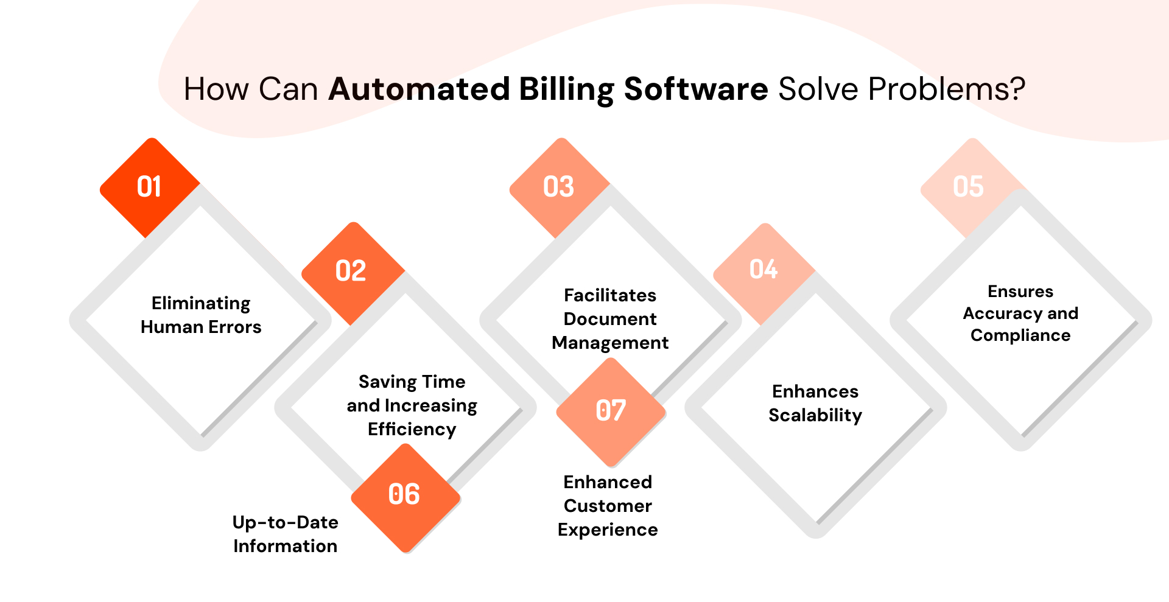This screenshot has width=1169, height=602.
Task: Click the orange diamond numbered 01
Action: pyautogui.click(x=150, y=187)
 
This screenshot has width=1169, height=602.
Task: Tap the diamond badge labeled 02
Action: pyautogui.click(x=352, y=271)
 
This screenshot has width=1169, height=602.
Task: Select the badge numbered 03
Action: pyautogui.click(x=559, y=187)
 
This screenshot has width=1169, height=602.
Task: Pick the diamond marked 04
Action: pyautogui.click(x=764, y=270)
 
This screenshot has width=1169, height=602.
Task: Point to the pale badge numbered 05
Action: pyautogui.click(x=968, y=187)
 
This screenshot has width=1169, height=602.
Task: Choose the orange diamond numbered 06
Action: pyautogui.click(x=405, y=495)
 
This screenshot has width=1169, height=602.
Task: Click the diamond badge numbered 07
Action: pyautogui.click(x=611, y=411)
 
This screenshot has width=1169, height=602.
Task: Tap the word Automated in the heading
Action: pyautogui.click(x=419, y=89)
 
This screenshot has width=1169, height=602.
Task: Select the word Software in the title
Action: pyautogui.click(x=696, y=89)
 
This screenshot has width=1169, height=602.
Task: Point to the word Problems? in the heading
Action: pyautogui.click(x=947, y=89)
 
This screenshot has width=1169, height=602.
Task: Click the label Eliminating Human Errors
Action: pyautogui.click(x=201, y=315)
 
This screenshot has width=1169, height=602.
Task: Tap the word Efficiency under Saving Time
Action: pyautogui.click(x=412, y=430)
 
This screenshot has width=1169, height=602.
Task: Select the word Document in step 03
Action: pyautogui.click(x=610, y=319)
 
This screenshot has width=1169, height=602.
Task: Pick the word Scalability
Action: pyautogui.click(x=815, y=415)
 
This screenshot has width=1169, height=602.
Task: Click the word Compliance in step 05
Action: pyautogui.click(x=1020, y=335)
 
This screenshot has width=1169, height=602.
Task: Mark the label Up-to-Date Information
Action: pyautogui.click(x=285, y=534)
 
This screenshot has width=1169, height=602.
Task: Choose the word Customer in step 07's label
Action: pyautogui.click(x=608, y=506)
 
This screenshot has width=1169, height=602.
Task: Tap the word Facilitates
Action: pyautogui.click(x=610, y=295)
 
